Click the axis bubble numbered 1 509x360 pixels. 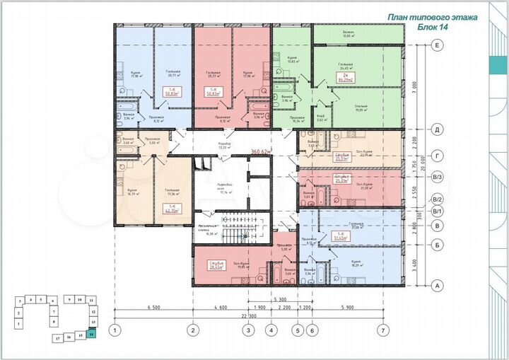[x=114, y=330]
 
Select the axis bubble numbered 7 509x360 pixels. [x=382, y=330]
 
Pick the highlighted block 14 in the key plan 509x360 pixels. [x=91, y=335]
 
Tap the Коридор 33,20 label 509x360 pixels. [x=224, y=146]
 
